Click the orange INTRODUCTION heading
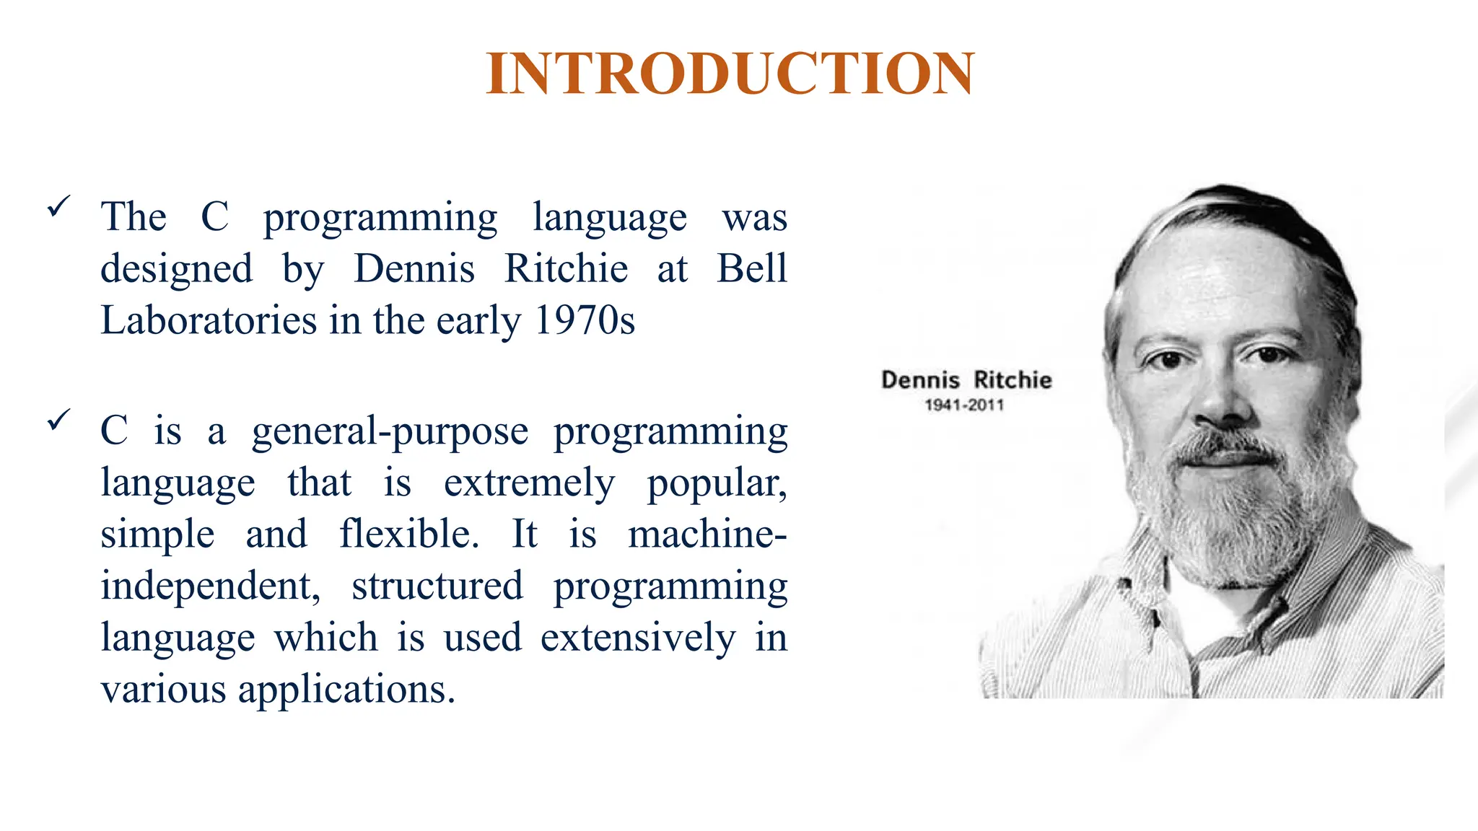tap(730, 74)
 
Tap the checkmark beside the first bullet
tap(58, 206)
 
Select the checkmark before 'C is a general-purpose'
tap(58, 419)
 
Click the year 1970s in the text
tap(585, 320)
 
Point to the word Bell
tap(751, 268)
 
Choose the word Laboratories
tap(209, 320)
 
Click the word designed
tap(177, 270)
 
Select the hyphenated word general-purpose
tap(390, 432)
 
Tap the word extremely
tap(529, 483)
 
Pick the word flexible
tap(409, 535)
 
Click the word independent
tap(210, 586)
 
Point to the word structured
tap(437, 586)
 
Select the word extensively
tap(638, 638)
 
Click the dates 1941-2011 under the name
tap(964, 405)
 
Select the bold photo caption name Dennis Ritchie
tap(966, 380)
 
